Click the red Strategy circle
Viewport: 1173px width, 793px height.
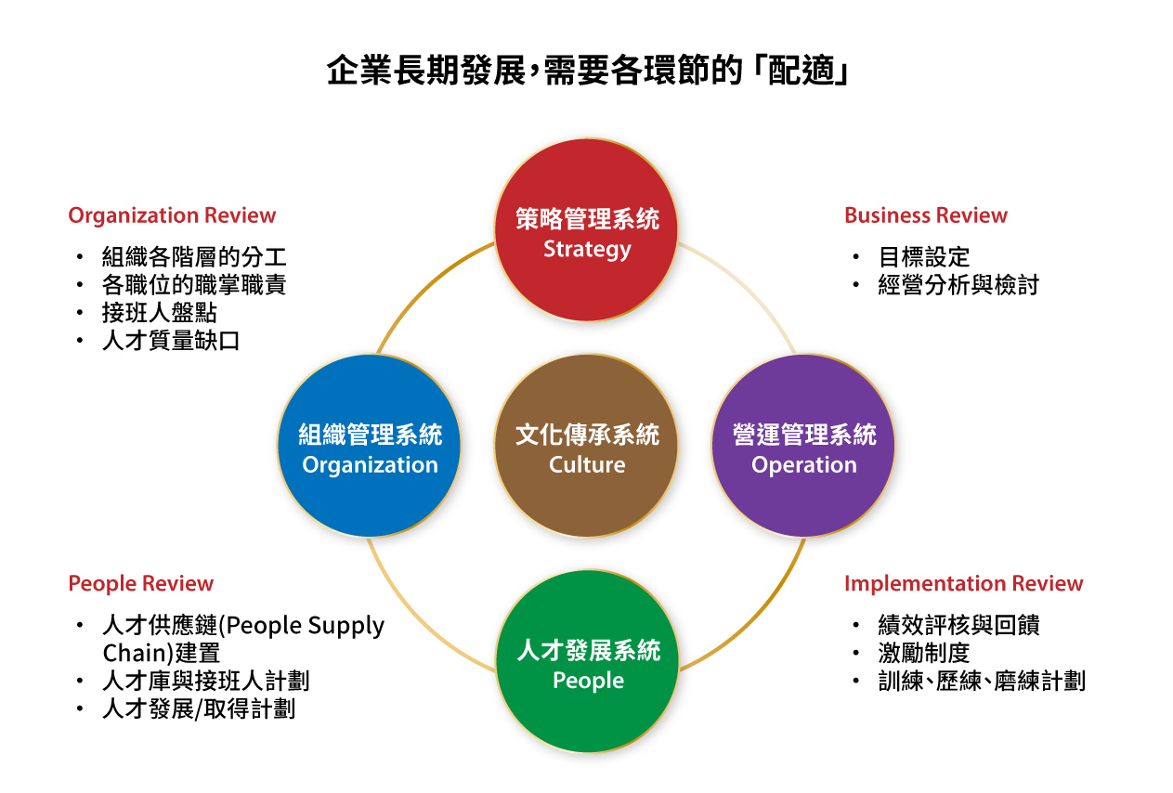click(x=586, y=230)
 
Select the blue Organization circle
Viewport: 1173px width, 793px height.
click(x=370, y=447)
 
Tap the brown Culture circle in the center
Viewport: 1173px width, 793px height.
click(x=586, y=447)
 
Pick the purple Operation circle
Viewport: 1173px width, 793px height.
click(x=803, y=447)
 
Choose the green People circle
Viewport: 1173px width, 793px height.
click(x=586, y=662)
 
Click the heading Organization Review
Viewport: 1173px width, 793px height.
click(x=172, y=215)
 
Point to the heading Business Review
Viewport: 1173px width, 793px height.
click(x=925, y=215)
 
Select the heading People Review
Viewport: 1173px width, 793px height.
click(x=140, y=583)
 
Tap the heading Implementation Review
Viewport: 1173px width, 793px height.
click(x=963, y=583)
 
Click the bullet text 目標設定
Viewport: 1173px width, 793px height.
click(x=923, y=256)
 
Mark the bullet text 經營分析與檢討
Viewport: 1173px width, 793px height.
click(x=958, y=285)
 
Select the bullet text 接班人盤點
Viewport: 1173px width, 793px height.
click(x=159, y=313)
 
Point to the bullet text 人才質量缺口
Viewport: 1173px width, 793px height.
click(x=171, y=341)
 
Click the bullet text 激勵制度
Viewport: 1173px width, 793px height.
click(x=923, y=653)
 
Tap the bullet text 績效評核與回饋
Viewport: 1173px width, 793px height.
click(x=958, y=625)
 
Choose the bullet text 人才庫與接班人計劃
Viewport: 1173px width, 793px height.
click(x=205, y=681)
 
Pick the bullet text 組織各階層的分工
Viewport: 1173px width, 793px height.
click(x=194, y=256)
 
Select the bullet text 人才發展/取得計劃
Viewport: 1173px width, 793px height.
click(x=199, y=709)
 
